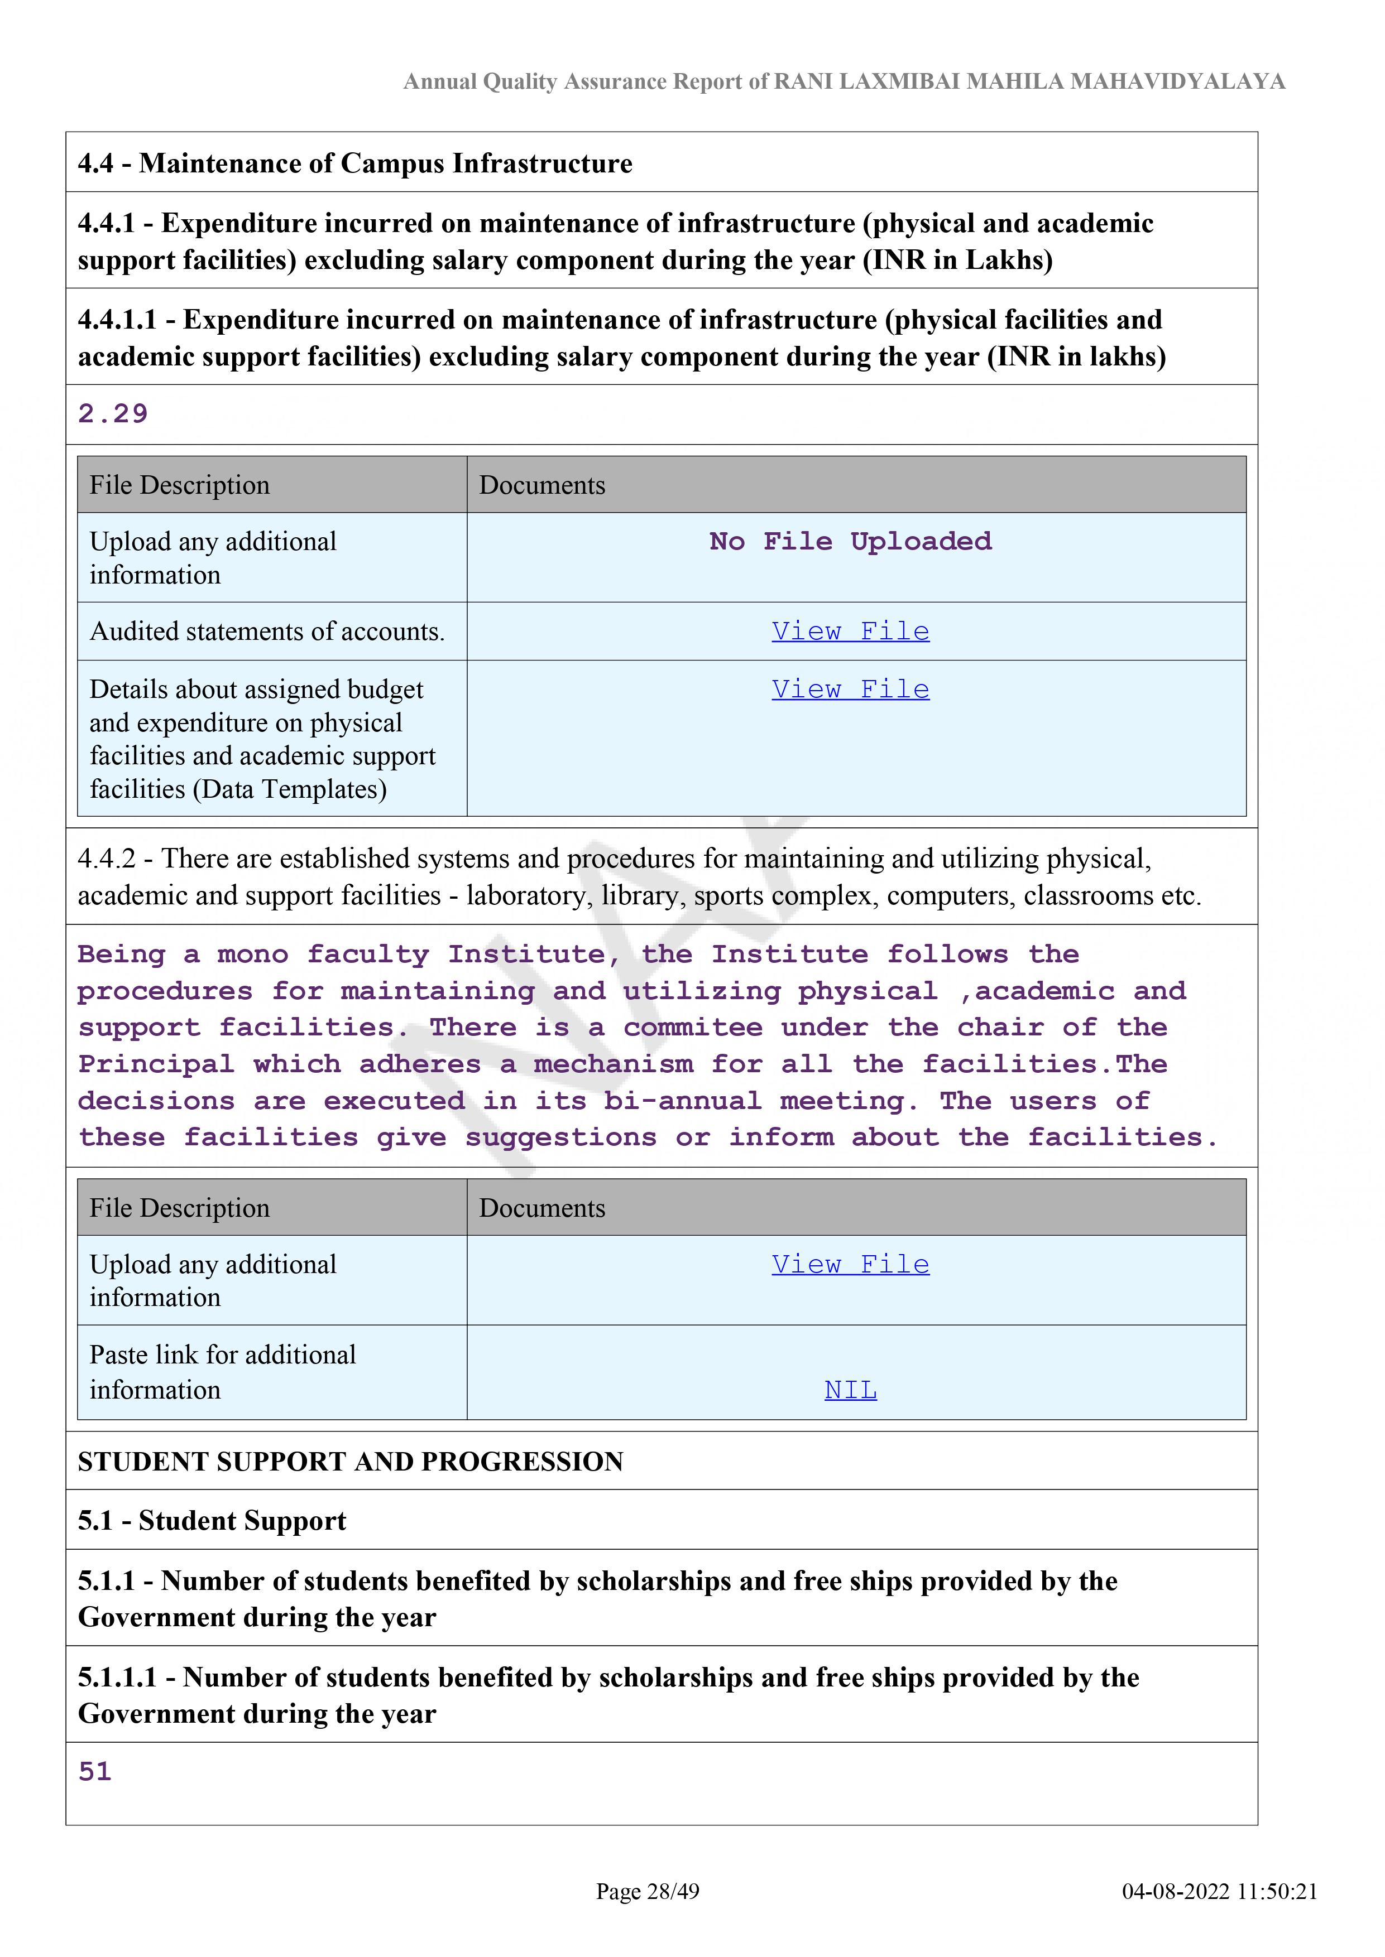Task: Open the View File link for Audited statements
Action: tap(850, 632)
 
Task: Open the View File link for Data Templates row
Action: tap(850, 690)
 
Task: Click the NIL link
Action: tap(850, 1390)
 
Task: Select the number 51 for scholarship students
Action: tap(95, 1772)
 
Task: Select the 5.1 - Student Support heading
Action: tap(212, 1521)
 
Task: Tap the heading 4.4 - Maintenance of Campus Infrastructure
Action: tap(355, 163)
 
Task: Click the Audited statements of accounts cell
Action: tap(267, 632)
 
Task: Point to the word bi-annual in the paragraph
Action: tap(682, 1101)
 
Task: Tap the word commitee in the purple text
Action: tap(692, 1028)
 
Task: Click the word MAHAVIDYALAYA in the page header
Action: tap(1177, 82)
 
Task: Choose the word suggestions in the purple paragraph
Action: tap(560, 1138)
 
